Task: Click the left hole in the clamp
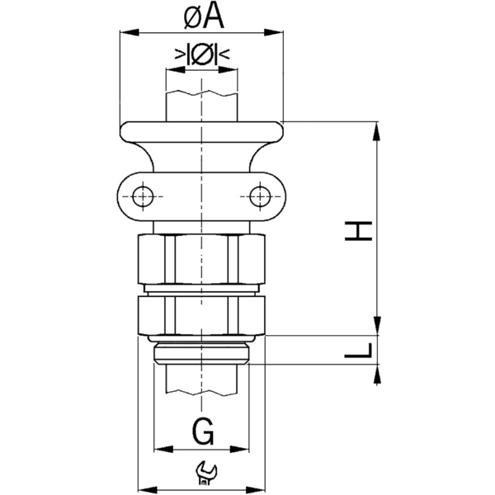(142, 196)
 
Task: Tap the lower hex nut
(201, 313)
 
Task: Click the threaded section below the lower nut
(201, 352)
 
